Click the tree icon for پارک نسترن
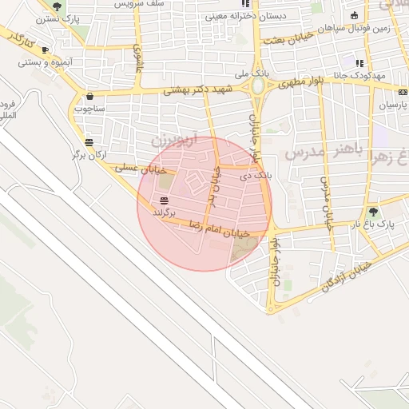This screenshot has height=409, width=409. coord(56,7)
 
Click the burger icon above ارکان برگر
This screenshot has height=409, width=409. coord(89,142)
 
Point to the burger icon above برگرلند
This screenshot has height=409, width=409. coord(164,202)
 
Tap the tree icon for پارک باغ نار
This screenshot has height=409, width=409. coord(372,212)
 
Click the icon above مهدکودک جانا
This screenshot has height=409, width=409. coord(359,62)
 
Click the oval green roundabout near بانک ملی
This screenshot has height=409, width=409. coord(258,85)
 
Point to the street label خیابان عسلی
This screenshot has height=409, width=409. coord(141,169)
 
